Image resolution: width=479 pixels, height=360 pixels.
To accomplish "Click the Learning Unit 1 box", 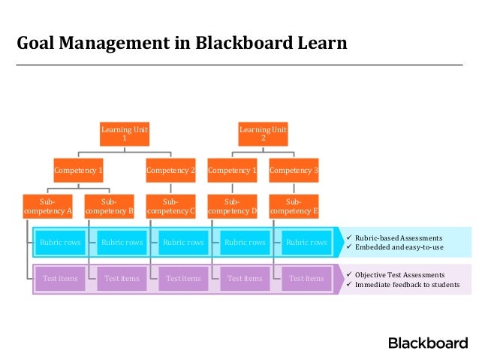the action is coord(125,134).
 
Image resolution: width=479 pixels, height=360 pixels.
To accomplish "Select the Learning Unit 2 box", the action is coord(263,134).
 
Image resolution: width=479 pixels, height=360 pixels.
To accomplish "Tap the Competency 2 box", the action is coord(170,171).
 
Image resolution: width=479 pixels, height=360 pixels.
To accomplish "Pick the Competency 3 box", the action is coord(294,171).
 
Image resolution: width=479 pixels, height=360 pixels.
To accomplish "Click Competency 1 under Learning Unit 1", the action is coord(78,171).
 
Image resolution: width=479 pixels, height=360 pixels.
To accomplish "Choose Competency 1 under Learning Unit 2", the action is coord(232,171).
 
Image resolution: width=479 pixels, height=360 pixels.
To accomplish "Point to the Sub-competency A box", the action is coord(47,207).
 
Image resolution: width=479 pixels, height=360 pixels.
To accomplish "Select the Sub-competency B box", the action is coord(109,207).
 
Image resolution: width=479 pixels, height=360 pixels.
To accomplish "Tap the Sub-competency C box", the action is coord(170,207).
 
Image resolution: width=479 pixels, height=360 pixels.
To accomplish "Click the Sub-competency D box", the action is coord(232,207).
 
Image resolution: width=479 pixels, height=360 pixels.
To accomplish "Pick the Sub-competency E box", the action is coord(294,207).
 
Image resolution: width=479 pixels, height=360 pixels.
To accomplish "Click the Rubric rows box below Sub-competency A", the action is coord(60,243).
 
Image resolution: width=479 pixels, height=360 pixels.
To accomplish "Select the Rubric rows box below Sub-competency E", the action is coord(306,243).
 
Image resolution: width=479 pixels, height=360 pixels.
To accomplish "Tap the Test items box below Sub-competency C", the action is coord(183,279).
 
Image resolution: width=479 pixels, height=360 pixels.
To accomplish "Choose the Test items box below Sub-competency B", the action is coord(122,279).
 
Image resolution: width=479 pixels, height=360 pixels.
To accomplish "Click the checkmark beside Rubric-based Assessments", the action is coord(349,237).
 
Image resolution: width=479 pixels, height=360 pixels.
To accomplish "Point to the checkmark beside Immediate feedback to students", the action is coord(349,284).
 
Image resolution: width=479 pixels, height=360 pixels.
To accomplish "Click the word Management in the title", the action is coord(114,43).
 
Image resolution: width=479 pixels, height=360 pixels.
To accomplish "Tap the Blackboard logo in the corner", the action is coord(428,343).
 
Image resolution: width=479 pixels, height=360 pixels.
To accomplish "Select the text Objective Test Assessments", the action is coord(399,275).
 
